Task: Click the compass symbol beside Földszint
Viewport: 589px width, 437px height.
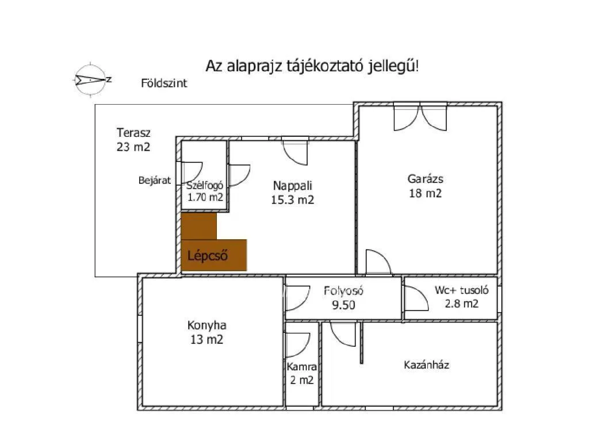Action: point(90,80)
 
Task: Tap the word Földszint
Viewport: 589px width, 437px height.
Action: point(164,83)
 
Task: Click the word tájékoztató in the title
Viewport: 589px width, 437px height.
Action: point(325,66)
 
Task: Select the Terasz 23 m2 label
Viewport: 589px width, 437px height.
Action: point(133,140)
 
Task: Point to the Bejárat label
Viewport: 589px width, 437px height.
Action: point(154,181)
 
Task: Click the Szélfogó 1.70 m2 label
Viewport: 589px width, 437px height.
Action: point(205,191)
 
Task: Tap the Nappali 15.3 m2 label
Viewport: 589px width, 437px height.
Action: point(293,193)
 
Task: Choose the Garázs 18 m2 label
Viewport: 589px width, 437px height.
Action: point(425,186)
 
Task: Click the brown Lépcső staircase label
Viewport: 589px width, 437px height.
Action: point(207,256)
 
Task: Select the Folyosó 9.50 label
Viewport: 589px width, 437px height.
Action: point(343,298)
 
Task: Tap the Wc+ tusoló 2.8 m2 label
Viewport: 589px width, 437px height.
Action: point(462,297)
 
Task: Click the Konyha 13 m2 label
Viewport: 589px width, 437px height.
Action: point(206,332)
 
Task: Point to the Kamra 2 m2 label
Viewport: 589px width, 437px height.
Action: point(301,373)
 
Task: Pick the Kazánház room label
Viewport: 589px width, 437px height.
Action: point(426,365)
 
